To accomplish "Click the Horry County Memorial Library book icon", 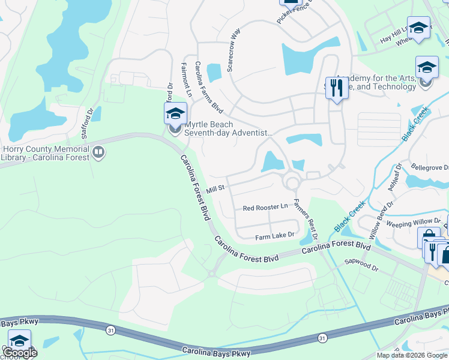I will click(x=98, y=154).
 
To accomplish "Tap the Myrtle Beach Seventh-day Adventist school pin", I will click(x=175, y=114).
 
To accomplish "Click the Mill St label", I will click(x=215, y=189).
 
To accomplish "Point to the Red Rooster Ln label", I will click(x=265, y=208).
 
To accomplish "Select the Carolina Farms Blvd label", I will click(x=209, y=98).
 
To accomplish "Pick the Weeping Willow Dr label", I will click(x=415, y=223).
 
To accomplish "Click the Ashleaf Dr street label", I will click(x=394, y=178).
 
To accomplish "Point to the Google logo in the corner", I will click(x=20, y=353).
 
